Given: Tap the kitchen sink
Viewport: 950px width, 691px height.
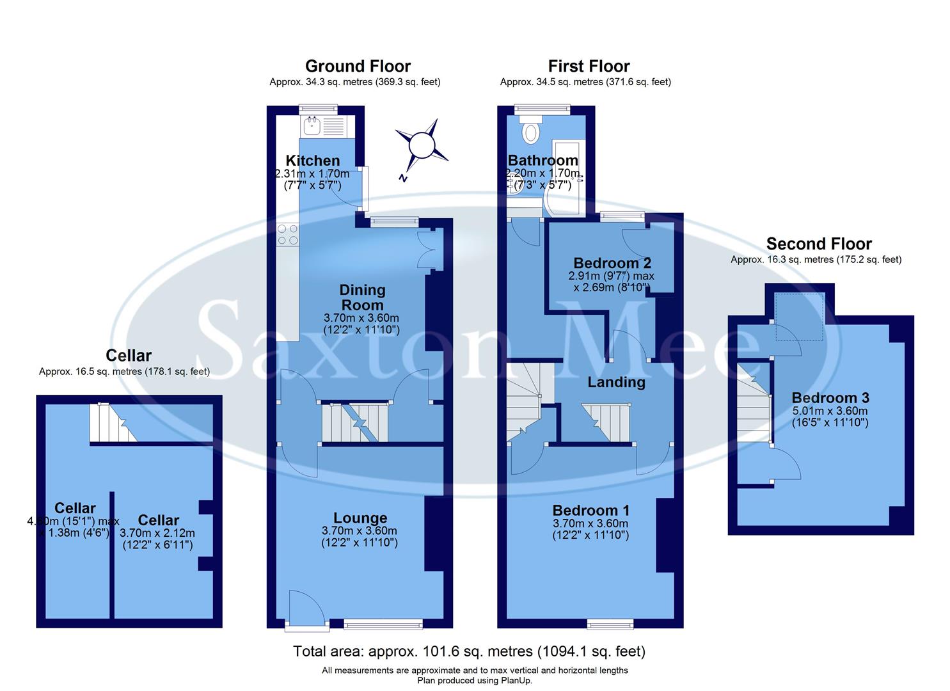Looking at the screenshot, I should point(313,125).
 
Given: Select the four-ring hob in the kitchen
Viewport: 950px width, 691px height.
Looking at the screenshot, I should point(287,234).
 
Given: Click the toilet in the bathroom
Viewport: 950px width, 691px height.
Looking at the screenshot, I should point(530,133).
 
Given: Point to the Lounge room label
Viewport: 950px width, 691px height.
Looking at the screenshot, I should point(360,518).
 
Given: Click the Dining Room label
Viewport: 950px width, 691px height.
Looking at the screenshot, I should point(362,298).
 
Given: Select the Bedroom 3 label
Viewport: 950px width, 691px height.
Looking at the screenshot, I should point(830,398).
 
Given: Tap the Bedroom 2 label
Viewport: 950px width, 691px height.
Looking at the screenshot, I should point(612,263).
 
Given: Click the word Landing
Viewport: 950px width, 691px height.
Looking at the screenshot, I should point(616,382).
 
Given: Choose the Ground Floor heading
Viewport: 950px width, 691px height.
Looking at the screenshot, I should point(358,66).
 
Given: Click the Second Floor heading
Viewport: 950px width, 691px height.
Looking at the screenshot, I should point(819,244).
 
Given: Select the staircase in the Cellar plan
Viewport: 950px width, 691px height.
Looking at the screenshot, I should point(113,423).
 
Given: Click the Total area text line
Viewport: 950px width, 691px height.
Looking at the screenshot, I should point(469,651).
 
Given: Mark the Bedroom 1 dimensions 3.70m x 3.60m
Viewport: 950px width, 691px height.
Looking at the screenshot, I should point(590,523).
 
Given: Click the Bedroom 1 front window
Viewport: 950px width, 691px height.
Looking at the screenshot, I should point(611,623).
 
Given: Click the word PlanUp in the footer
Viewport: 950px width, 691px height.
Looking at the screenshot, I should point(514,681).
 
